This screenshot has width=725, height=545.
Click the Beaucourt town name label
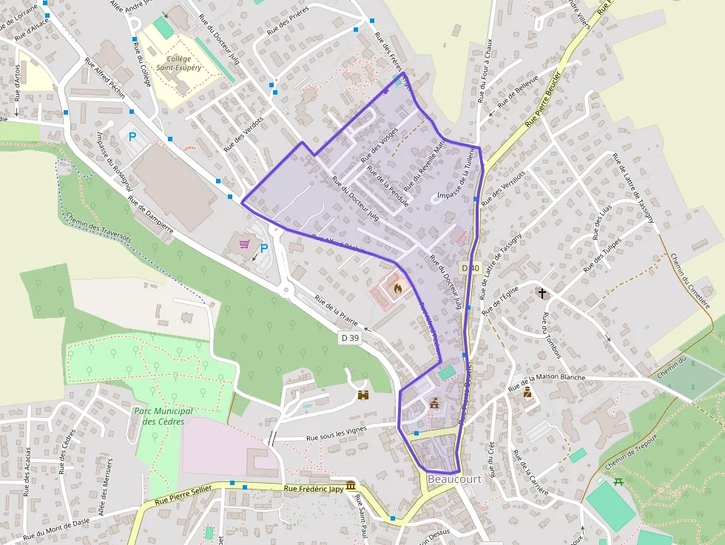click(454, 479)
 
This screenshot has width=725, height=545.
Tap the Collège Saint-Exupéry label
click(179, 63)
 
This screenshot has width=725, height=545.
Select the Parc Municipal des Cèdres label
click(163, 416)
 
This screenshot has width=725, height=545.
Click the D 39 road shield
click(350, 338)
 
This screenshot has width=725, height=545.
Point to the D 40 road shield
click(470, 268)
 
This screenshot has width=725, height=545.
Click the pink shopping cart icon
click(244, 243)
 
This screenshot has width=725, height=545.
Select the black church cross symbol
click(542, 294)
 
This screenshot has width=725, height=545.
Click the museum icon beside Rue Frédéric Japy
click(350, 485)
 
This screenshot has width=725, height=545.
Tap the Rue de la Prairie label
click(336, 311)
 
